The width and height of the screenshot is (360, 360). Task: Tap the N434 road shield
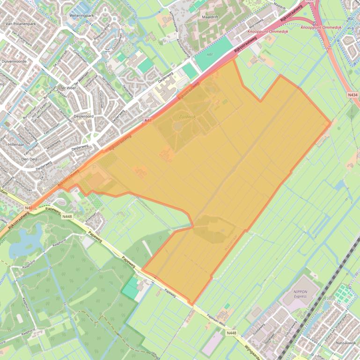pyautogui.click(x=353, y=95)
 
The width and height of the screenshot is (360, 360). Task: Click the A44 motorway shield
pyautogui.click(x=147, y=120)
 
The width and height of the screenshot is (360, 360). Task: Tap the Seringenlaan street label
pyautogui.click(x=108, y=84)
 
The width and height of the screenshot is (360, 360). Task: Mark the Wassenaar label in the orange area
pyautogui.click(x=232, y=243)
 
